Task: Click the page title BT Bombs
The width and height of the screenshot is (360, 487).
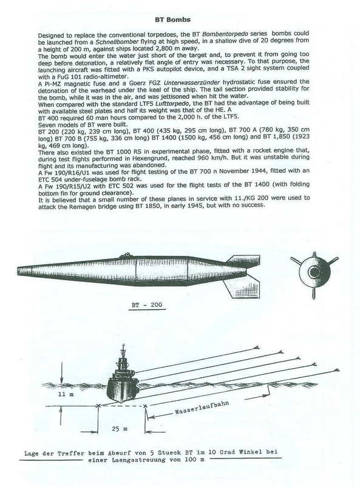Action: click(172, 19)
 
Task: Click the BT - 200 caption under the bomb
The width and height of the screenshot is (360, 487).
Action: click(147, 304)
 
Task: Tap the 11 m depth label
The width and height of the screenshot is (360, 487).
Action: click(66, 394)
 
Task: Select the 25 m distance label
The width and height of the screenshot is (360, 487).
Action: click(120, 429)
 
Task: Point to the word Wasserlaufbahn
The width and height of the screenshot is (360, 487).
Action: click(202, 408)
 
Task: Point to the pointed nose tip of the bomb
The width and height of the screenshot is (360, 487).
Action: click(18, 272)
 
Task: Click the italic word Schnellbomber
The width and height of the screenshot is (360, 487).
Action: click(114, 42)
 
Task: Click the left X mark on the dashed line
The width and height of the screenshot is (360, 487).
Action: click(99, 405)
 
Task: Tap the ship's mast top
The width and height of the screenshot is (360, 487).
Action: click(124, 345)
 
